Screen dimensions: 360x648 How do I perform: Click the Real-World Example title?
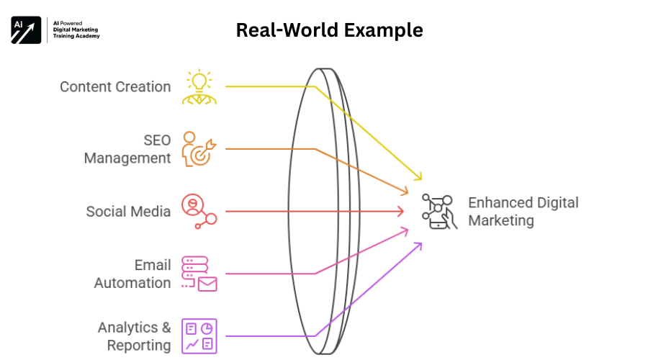pos(329,30)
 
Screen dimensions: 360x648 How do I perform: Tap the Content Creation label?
pos(115,86)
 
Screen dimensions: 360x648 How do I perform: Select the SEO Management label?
pos(127,148)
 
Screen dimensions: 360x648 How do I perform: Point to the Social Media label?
pos(128,211)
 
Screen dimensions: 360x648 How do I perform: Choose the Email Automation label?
pos(132,274)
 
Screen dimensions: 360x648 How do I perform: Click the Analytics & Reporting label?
pos(134,336)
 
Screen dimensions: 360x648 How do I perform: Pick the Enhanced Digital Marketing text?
pos(523,212)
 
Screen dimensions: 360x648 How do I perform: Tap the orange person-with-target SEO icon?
pos(197,148)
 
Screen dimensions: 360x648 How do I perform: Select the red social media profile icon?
pos(197,211)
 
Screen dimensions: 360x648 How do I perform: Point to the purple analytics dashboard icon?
pos(198,336)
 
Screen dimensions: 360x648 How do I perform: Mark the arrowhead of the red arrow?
pos(401,211)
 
